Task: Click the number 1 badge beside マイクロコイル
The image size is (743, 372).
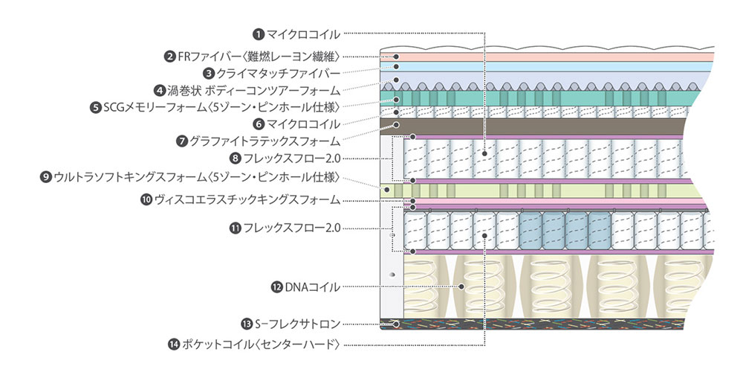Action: (x=258, y=33)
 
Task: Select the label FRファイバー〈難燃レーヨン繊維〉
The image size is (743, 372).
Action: (x=259, y=56)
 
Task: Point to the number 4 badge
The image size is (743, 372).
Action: (x=159, y=90)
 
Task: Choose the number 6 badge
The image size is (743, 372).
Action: (x=258, y=124)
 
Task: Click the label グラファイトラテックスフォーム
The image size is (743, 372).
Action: (x=265, y=141)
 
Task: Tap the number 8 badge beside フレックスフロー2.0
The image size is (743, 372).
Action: (x=235, y=158)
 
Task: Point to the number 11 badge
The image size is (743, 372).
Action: (x=235, y=228)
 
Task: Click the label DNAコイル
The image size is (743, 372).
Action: (x=312, y=286)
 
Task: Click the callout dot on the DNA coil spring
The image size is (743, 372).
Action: (x=461, y=286)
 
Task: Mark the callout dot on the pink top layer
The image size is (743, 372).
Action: (x=397, y=57)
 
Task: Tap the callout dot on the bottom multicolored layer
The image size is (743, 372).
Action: (x=396, y=324)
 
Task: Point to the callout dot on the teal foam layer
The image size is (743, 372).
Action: (x=397, y=98)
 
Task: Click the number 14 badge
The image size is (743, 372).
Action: (x=174, y=344)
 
